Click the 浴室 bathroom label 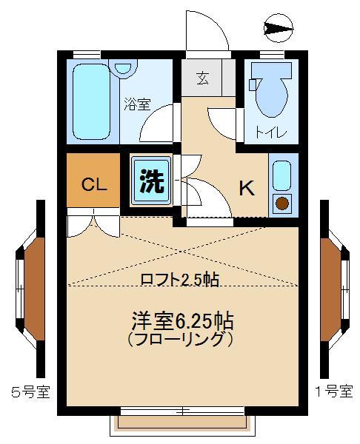click(137, 104)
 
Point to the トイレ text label click(267, 133)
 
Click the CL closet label click(93, 184)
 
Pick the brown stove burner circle click(282, 203)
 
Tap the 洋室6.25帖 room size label click(183, 321)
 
